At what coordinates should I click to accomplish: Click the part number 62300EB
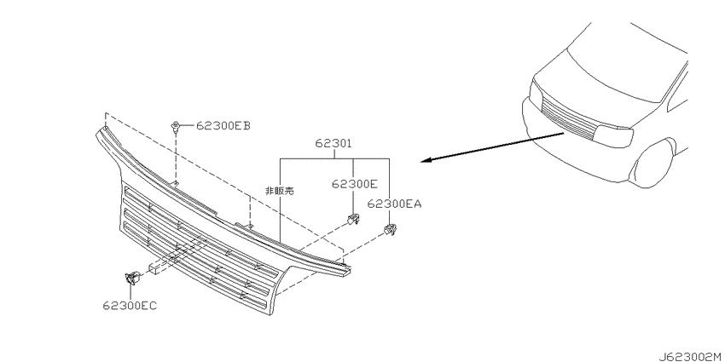(223, 125)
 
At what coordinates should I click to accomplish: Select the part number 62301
(333, 144)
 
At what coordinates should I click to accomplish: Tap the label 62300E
(355, 184)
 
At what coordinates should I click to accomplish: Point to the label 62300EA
(394, 204)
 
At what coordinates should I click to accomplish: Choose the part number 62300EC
(130, 306)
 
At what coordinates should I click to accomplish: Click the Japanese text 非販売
(279, 191)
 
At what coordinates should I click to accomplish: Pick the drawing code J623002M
(691, 356)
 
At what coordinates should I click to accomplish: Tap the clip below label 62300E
(354, 220)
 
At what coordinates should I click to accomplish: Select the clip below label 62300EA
(391, 229)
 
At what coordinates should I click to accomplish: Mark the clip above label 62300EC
(132, 278)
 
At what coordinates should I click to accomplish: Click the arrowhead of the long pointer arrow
(426, 161)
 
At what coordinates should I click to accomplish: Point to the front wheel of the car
(652, 164)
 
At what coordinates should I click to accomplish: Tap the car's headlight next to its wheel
(614, 136)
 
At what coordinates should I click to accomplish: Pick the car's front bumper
(578, 147)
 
